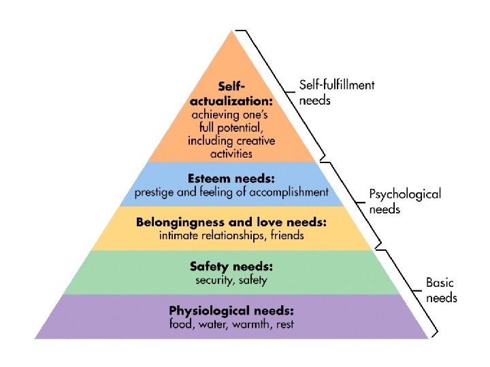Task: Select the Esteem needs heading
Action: pyautogui.click(x=231, y=179)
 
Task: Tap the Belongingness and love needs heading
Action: pyautogui.click(x=231, y=222)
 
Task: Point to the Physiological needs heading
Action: pyautogui.click(x=231, y=311)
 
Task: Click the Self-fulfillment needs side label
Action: pyautogui.click(x=336, y=92)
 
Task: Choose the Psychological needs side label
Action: pyautogui.click(x=404, y=201)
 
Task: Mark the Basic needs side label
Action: pyautogui.click(x=441, y=290)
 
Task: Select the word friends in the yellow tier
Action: pyautogui.click(x=286, y=235)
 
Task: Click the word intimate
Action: pyautogui.click(x=178, y=235)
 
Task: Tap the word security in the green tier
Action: pyautogui.click(x=210, y=279)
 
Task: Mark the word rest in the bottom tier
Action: pyautogui.click(x=285, y=324)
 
